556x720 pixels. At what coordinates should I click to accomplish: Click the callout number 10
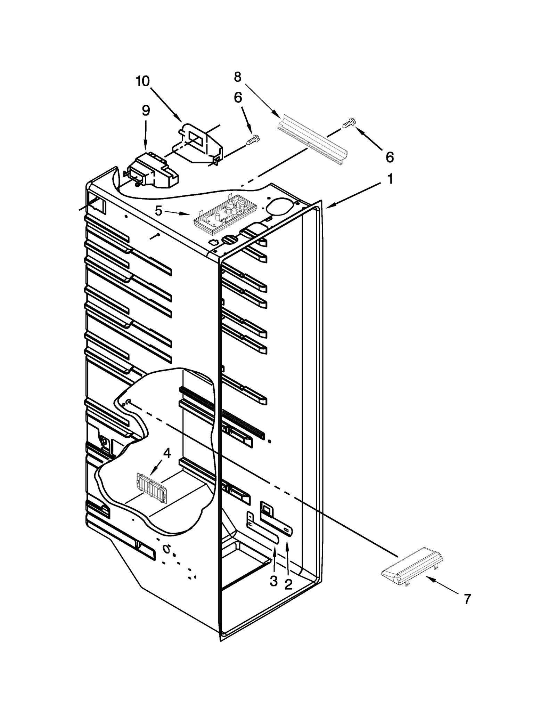click(142, 81)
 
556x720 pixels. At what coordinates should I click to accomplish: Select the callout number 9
click(146, 111)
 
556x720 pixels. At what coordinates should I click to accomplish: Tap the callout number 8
click(238, 77)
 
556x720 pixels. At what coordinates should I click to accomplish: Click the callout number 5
click(158, 210)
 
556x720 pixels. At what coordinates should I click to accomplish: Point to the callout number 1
click(390, 179)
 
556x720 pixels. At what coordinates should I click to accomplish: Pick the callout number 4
click(167, 453)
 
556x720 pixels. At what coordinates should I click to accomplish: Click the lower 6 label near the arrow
click(390, 157)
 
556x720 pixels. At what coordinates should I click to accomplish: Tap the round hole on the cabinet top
click(278, 204)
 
